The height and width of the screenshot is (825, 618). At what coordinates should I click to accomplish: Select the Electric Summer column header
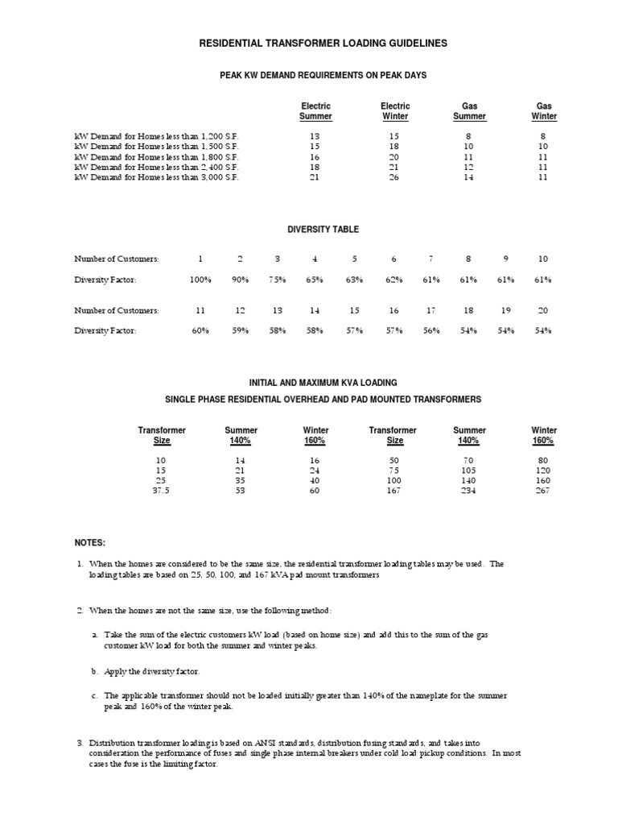coord(315,111)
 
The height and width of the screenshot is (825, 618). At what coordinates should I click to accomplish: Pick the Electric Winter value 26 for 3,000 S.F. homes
coord(395,177)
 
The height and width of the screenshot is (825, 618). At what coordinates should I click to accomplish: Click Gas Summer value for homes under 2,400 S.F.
coord(469,167)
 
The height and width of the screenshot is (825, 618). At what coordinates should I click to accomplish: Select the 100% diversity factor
coord(199,279)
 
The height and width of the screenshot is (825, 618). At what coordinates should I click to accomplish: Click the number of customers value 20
coord(543,310)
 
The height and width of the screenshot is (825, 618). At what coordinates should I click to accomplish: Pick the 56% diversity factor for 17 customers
coord(431,330)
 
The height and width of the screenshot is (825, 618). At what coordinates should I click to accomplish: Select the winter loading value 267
coord(544,491)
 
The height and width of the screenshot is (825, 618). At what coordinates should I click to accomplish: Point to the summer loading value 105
coord(469,470)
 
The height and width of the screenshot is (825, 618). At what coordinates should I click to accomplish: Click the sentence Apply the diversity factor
coord(151,670)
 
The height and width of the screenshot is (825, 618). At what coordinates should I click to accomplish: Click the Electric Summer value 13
coord(315,137)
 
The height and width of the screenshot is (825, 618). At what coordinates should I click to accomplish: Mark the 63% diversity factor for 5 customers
coord(353,279)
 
